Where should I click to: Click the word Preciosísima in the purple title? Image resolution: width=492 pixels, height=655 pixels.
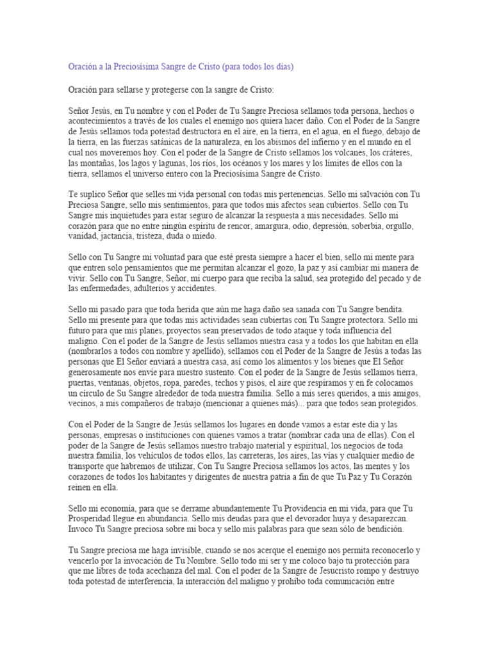tap(137, 67)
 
